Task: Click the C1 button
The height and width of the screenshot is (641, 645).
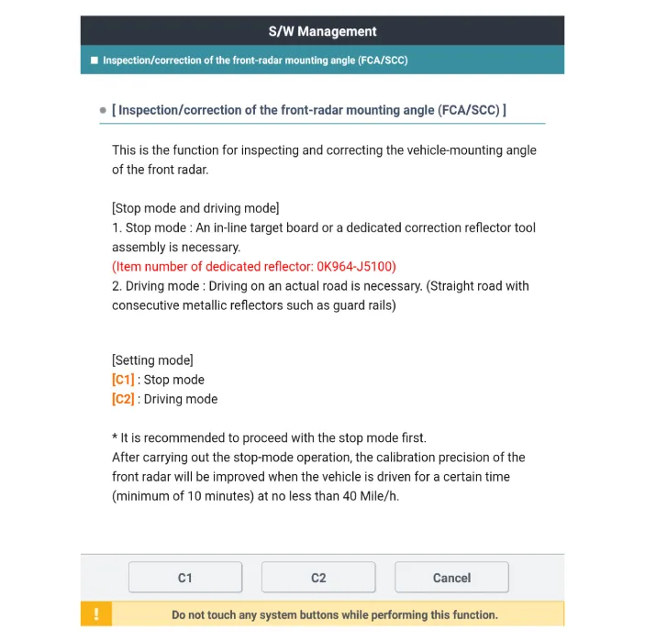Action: (184, 578)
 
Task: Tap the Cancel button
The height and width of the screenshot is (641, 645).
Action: (451, 578)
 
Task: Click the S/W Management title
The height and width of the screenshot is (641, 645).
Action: (322, 31)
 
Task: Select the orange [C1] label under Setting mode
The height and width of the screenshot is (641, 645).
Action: (123, 380)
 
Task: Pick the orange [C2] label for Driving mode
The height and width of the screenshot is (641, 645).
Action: (123, 399)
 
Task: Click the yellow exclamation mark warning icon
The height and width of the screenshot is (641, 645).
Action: (96, 614)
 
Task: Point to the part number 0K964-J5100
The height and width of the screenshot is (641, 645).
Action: (355, 267)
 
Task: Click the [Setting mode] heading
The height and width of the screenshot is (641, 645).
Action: (152, 360)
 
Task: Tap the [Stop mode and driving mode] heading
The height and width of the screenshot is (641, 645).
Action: (195, 208)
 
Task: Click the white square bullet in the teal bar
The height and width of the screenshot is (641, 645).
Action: (95, 61)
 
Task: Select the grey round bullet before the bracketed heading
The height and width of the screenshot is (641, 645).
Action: (103, 111)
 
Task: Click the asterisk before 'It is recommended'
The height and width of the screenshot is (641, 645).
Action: (115, 437)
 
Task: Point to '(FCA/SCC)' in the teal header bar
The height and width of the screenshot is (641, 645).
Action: (380, 61)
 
